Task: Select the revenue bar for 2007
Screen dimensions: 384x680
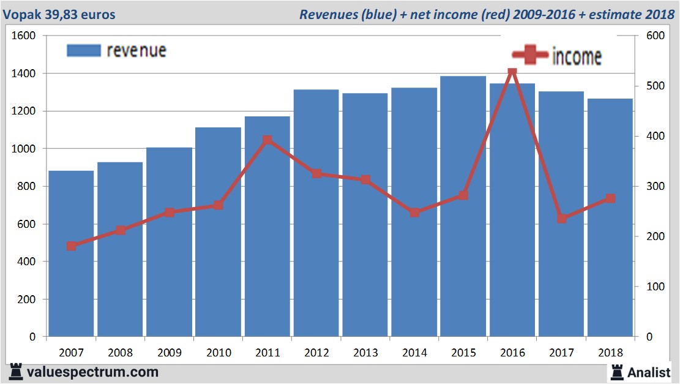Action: coord(72,254)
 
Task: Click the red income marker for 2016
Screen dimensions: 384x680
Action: coord(512,72)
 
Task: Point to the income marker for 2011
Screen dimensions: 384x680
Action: coord(267,140)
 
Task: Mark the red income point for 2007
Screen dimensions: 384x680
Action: coord(72,246)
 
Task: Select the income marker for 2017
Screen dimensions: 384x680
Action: coord(561,218)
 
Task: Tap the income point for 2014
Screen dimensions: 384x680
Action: coord(414,213)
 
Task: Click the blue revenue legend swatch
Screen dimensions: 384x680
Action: coord(83,51)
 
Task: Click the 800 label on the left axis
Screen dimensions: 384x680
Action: coord(27,186)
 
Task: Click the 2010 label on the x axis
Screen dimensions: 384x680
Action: coord(219,353)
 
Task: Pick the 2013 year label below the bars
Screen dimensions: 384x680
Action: coord(365,353)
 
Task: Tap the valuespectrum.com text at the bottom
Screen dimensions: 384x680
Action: coord(92,372)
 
